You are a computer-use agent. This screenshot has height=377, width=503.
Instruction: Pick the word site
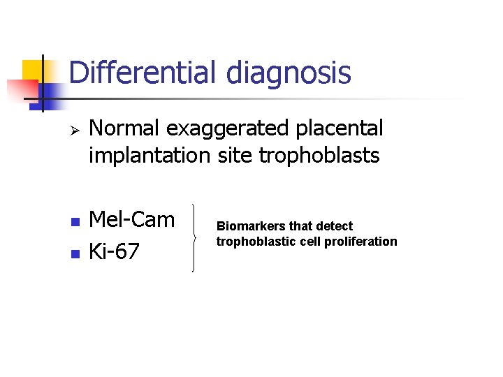234,155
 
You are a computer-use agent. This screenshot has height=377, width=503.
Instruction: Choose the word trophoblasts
319,155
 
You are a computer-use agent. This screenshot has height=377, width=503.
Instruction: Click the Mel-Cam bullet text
133,219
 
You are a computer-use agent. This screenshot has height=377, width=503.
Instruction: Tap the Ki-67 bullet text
115,251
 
